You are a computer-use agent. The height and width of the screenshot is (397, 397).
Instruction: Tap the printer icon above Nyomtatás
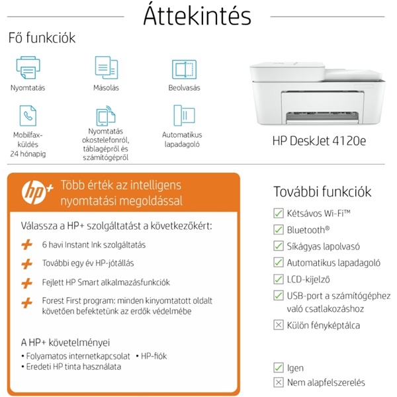tap(27, 68)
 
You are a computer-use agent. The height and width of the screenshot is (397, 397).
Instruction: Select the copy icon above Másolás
tap(106, 68)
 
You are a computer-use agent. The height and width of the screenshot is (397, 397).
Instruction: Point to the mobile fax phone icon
tap(28, 116)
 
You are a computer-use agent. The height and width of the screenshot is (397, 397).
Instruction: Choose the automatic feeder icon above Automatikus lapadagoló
tap(183, 115)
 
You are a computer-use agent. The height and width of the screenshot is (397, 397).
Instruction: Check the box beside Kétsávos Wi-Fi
tap(279, 213)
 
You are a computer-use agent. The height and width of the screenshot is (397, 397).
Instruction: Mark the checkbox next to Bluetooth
tap(279, 230)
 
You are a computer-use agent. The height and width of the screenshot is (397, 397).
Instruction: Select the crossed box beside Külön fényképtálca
tap(279, 325)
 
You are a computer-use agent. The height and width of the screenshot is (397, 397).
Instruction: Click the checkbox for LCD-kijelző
tap(279, 279)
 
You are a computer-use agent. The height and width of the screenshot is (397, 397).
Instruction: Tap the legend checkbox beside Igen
tap(279, 368)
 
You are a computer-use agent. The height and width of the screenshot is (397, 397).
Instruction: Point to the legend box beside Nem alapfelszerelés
tap(279, 382)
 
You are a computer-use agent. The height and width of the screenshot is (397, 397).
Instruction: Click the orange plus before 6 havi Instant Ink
tap(27, 245)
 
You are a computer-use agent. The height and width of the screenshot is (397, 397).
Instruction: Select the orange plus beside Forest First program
tap(27, 302)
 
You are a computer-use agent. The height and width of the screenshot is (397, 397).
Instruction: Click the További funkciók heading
tap(322, 192)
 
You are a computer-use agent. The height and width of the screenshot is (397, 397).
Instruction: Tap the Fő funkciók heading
tap(42, 38)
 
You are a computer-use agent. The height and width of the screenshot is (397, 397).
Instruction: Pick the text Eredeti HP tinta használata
tap(73, 366)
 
